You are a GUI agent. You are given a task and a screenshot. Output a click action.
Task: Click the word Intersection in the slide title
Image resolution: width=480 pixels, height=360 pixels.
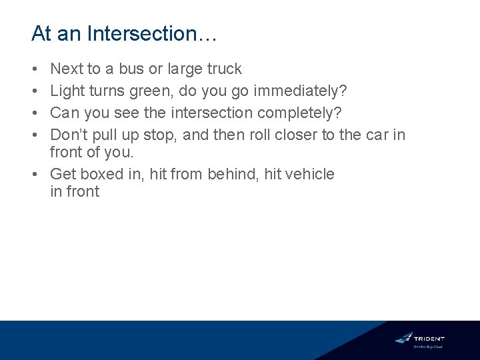coord(141,34)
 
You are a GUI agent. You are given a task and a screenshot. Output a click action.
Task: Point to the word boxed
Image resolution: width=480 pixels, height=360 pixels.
coord(102,174)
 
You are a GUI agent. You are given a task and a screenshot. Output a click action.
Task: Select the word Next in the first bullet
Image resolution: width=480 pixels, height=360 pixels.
coord(65,69)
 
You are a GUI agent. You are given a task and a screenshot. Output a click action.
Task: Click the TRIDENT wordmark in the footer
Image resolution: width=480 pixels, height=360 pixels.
coord(429,338)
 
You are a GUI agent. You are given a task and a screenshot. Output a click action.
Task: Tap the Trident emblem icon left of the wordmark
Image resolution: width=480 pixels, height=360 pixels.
coord(404,338)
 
